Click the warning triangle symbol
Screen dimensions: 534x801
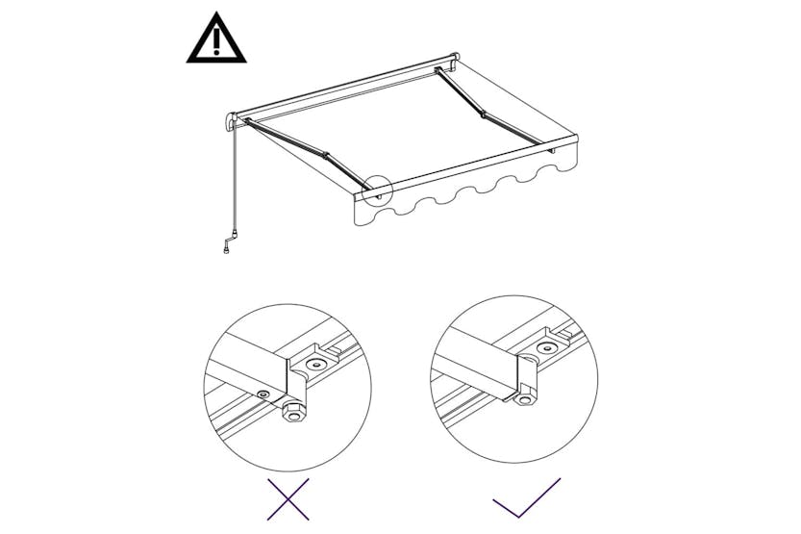215,41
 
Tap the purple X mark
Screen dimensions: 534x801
288,500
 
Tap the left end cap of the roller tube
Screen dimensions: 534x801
230,123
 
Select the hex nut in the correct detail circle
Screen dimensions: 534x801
524,397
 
